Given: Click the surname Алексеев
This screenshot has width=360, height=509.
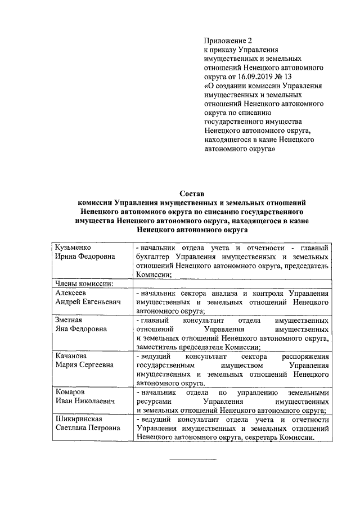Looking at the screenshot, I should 70,292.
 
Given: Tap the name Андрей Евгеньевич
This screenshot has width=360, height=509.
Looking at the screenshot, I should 88,301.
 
